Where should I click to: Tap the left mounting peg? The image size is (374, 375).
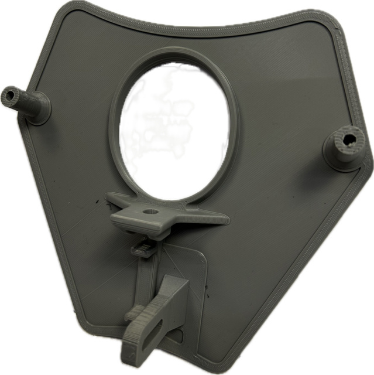(x=26, y=103)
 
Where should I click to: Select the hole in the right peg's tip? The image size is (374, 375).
(x=349, y=139)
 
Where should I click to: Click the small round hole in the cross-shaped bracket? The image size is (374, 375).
(x=152, y=209)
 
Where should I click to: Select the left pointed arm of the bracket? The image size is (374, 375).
(x=115, y=201)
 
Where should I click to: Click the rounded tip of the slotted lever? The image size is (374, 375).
(x=130, y=352)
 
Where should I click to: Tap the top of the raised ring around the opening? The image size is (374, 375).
(x=173, y=53)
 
